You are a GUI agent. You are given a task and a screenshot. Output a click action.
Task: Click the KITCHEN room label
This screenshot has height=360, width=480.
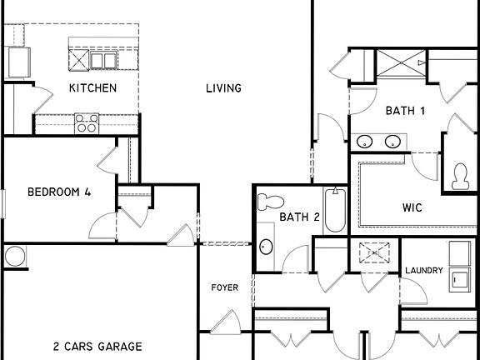[x=92, y=88]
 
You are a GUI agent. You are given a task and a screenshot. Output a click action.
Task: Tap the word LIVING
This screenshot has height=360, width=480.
[x=223, y=88]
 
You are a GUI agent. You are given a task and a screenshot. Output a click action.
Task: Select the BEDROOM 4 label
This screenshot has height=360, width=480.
[x=59, y=192]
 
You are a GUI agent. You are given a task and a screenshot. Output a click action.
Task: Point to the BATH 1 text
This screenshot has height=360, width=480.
[x=406, y=111]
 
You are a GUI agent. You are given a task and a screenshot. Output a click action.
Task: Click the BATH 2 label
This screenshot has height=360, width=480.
[x=299, y=217]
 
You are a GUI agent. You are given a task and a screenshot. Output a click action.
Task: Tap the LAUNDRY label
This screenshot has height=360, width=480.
[x=423, y=271]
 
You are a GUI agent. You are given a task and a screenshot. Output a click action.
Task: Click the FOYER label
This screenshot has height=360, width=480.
[x=224, y=287]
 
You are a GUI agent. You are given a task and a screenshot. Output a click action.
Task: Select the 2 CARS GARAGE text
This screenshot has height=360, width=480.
[x=97, y=347]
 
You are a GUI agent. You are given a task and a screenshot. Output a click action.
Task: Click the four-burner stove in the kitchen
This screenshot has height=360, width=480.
[x=86, y=123]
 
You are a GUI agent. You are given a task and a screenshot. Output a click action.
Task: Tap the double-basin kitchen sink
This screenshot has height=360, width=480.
[x=104, y=60]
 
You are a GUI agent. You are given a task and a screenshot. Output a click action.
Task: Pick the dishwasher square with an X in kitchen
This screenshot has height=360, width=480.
[x=79, y=60]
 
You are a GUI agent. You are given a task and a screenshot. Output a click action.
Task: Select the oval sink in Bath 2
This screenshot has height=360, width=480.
[x=266, y=247]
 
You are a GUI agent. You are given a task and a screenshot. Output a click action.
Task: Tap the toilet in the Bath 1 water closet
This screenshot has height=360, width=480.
[x=458, y=174]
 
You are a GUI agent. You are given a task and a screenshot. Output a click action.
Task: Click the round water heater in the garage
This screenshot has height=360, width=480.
[x=14, y=257]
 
